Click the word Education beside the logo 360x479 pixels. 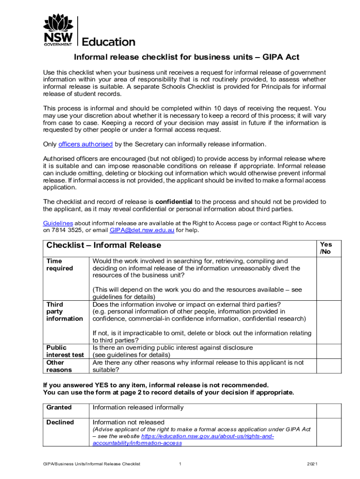pyautogui.click(x=108, y=42)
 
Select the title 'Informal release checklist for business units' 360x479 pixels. pyautogui.click(x=186, y=58)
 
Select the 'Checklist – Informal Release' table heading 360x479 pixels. pyautogui.click(x=103, y=245)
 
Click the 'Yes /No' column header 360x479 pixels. pyautogui.click(x=325, y=248)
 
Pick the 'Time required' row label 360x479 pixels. pyautogui.click(x=59, y=265)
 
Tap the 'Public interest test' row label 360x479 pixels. pyautogui.click(x=65, y=351)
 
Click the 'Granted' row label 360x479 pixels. pyautogui.click(x=59, y=407)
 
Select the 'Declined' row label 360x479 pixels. pyautogui.click(x=60, y=422)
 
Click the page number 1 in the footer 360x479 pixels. pyautogui.click(x=180, y=464)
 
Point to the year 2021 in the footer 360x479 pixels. pyautogui.click(x=312, y=464)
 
